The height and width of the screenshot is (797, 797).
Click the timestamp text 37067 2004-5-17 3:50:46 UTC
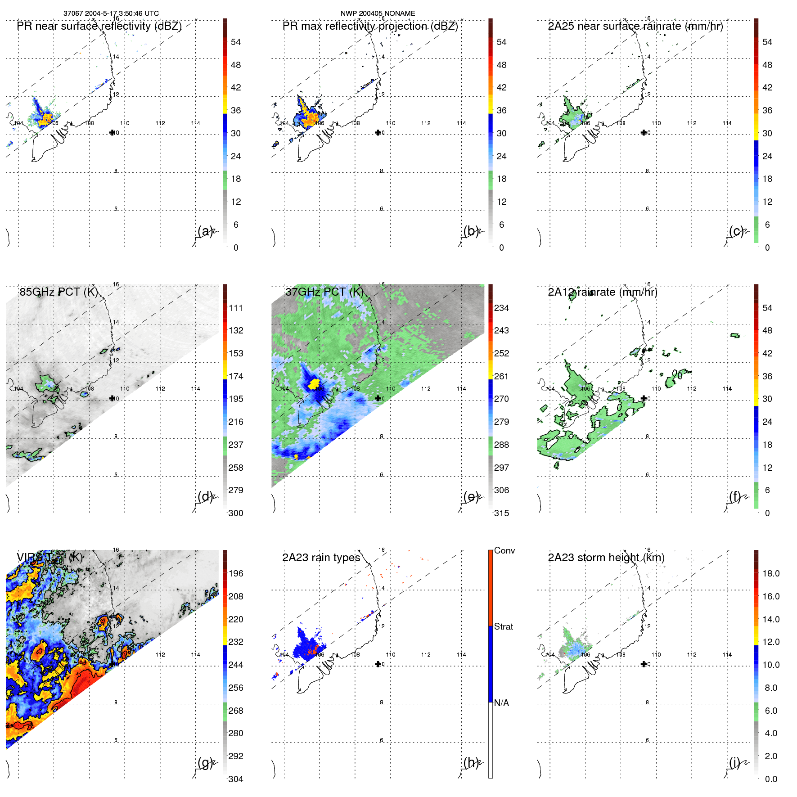coord(111,14)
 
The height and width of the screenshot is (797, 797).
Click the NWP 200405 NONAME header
coord(378,14)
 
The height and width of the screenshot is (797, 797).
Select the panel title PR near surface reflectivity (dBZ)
coord(99,26)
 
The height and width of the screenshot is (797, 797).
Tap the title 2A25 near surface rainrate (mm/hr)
coord(635,26)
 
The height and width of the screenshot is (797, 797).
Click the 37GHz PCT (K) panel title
coord(324,292)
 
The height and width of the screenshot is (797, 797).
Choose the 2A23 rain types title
coord(321,558)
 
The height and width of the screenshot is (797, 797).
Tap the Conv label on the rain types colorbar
coord(504,550)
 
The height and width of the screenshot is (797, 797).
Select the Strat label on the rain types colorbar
coord(503,626)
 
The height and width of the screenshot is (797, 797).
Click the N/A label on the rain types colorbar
coord(501,703)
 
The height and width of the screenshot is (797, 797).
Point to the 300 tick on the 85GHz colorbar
coord(235,513)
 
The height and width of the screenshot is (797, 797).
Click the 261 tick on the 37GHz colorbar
coord(501,376)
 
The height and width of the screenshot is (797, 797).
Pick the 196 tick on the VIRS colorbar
coord(235,573)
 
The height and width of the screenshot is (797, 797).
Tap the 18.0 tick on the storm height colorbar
coord(770,573)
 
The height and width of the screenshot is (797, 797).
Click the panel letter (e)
coord(471,497)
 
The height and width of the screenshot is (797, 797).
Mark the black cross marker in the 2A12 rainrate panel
coord(644,398)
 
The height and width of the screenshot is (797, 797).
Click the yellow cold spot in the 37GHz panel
coord(314,383)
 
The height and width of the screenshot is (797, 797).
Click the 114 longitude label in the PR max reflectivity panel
coord(461,123)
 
